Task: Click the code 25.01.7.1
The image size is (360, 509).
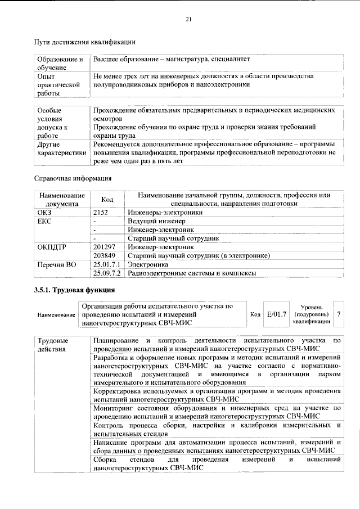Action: pos(107,264)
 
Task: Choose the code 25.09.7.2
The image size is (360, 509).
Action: pos(107,273)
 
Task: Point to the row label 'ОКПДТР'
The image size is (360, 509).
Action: pos(52,247)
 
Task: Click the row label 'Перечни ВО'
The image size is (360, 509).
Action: pos(56,264)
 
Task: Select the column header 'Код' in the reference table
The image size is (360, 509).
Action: pos(107,200)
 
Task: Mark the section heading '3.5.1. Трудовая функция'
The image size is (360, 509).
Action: pos(75,290)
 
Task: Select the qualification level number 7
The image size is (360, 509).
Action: pos(339,314)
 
